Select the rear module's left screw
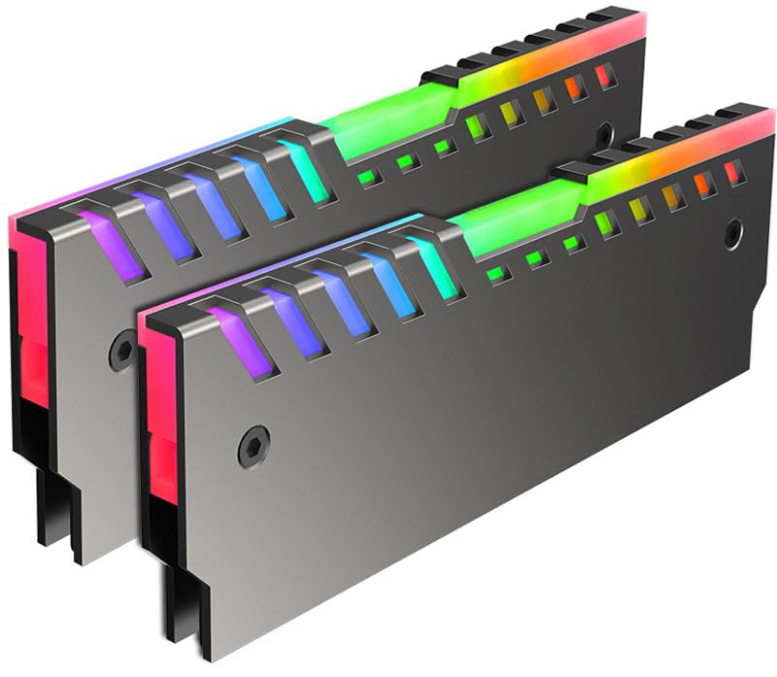(123, 344)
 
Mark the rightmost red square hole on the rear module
(606, 76)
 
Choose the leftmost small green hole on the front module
(496, 275)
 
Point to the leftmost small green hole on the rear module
(368, 178)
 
